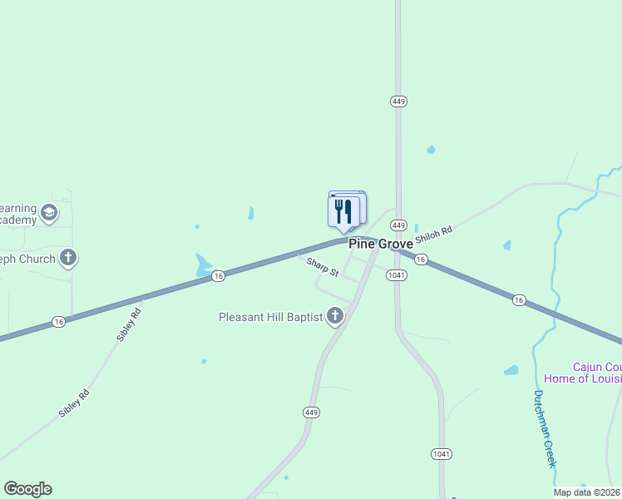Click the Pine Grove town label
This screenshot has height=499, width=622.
coord(380,244)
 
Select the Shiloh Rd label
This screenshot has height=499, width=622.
coord(434,233)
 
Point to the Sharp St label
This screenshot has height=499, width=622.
coord(323,267)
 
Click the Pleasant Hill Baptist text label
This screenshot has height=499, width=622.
coord(270,317)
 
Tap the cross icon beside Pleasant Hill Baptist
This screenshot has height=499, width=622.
coord(335,316)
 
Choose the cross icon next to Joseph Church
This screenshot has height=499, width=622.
coord(68,258)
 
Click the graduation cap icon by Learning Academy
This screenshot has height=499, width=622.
coord(49,213)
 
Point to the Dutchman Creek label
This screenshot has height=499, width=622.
coord(544,428)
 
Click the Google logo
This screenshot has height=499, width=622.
coord(27,489)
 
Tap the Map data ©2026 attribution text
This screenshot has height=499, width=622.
coord(586,492)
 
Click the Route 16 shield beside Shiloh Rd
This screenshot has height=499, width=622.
coord(421,259)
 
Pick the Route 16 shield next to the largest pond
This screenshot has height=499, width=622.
coord(218,276)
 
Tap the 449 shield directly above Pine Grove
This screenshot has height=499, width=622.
coord(398,225)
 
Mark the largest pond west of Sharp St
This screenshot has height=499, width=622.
coord(203,265)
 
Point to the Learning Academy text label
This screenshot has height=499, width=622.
coord(18,214)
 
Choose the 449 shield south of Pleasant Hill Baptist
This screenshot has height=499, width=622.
coord(312,413)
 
